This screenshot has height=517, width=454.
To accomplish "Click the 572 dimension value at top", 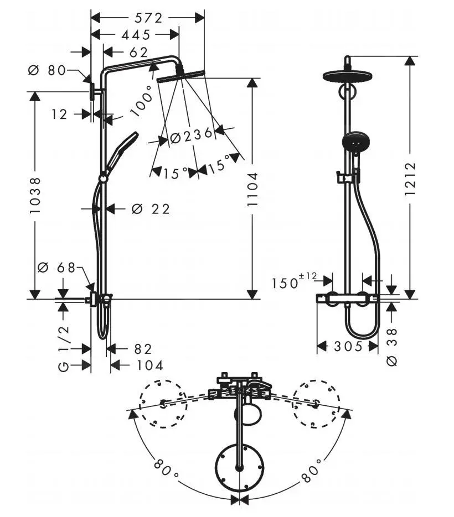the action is click(x=148, y=18).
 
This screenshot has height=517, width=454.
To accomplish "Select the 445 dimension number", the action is click(x=136, y=35).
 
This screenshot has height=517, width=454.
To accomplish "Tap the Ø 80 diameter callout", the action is click(x=47, y=70).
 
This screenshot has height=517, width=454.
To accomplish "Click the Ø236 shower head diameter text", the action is click(x=191, y=135).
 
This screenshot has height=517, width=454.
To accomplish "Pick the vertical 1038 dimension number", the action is click(x=35, y=195).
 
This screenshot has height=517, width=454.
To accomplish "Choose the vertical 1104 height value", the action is click(x=252, y=190).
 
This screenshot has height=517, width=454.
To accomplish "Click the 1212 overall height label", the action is click(x=410, y=179).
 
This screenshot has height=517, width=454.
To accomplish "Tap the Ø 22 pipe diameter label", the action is click(x=151, y=209).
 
